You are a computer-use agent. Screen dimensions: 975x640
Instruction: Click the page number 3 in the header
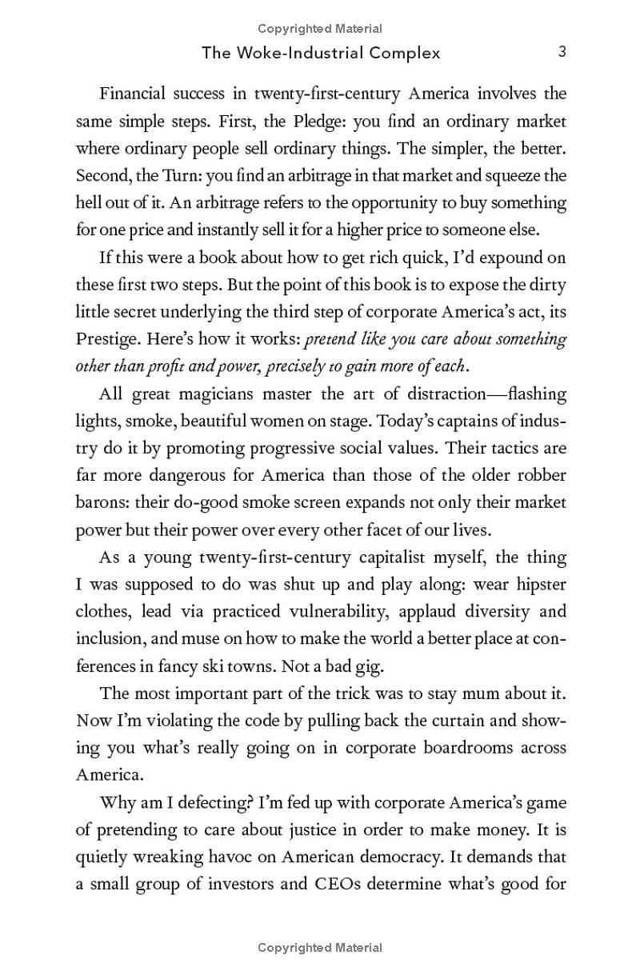pos(562,52)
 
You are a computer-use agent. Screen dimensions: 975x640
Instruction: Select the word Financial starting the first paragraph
pos(133,94)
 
